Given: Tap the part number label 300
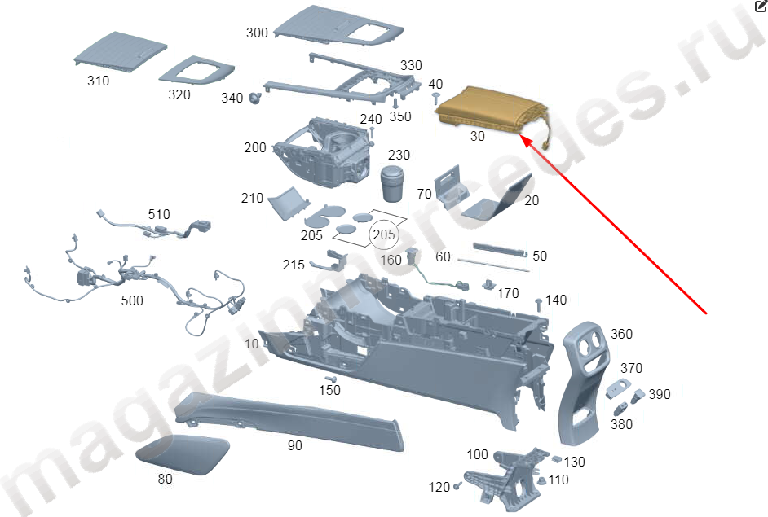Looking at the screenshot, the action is pyautogui.click(x=257, y=33).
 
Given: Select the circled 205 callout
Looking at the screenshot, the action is pyautogui.click(x=383, y=234).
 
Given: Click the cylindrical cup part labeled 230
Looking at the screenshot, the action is pyautogui.click(x=393, y=183).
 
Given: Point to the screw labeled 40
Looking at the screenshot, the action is pyautogui.click(x=435, y=98).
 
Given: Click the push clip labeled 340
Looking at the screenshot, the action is pyautogui.click(x=254, y=98).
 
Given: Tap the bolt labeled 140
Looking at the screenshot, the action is pyautogui.click(x=539, y=305).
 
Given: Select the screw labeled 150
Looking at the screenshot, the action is pyautogui.click(x=331, y=379).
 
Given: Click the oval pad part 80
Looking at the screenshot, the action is pyautogui.click(x=182, y=455).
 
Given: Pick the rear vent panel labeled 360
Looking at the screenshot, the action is pyautogui.click(x=583, y=382).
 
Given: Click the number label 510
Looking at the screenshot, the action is pyautogui.click(x=159, y=214).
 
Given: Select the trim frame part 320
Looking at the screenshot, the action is pyautogui.click(x=196, y=71).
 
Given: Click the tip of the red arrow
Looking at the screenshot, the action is pyautogui.click(x=520, y=136).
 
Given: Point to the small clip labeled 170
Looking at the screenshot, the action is pyautogui.click(x=488, y=284).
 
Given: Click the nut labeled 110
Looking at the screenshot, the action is pyautogui.click(x=541, y=481).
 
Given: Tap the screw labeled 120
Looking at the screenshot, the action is pyautogui.click(x=457, y=486).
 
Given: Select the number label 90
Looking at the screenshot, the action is pyautogui.click(x=295, y=445).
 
